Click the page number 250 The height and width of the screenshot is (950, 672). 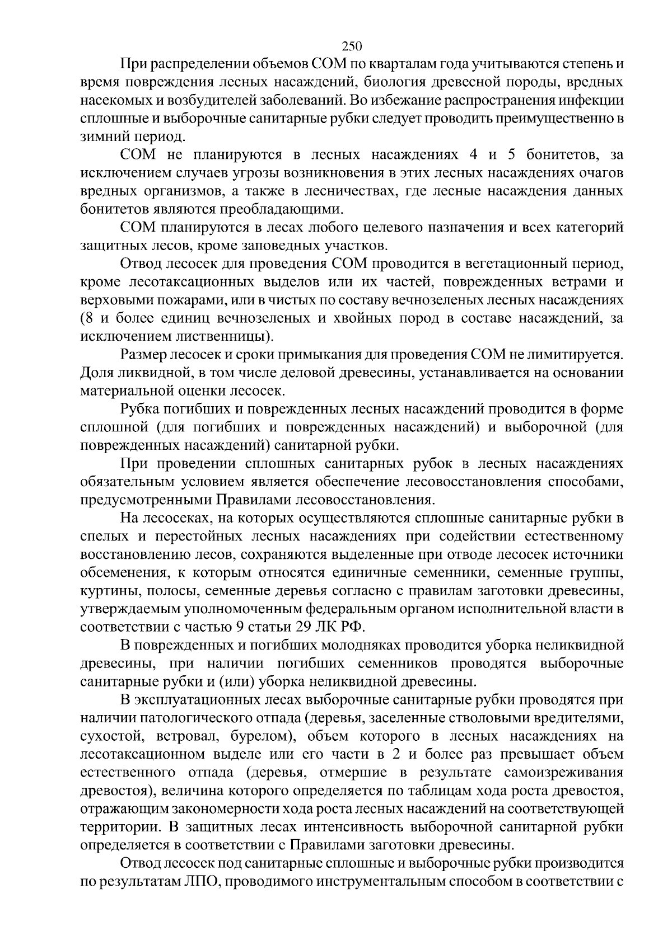(x=352, y=46)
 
